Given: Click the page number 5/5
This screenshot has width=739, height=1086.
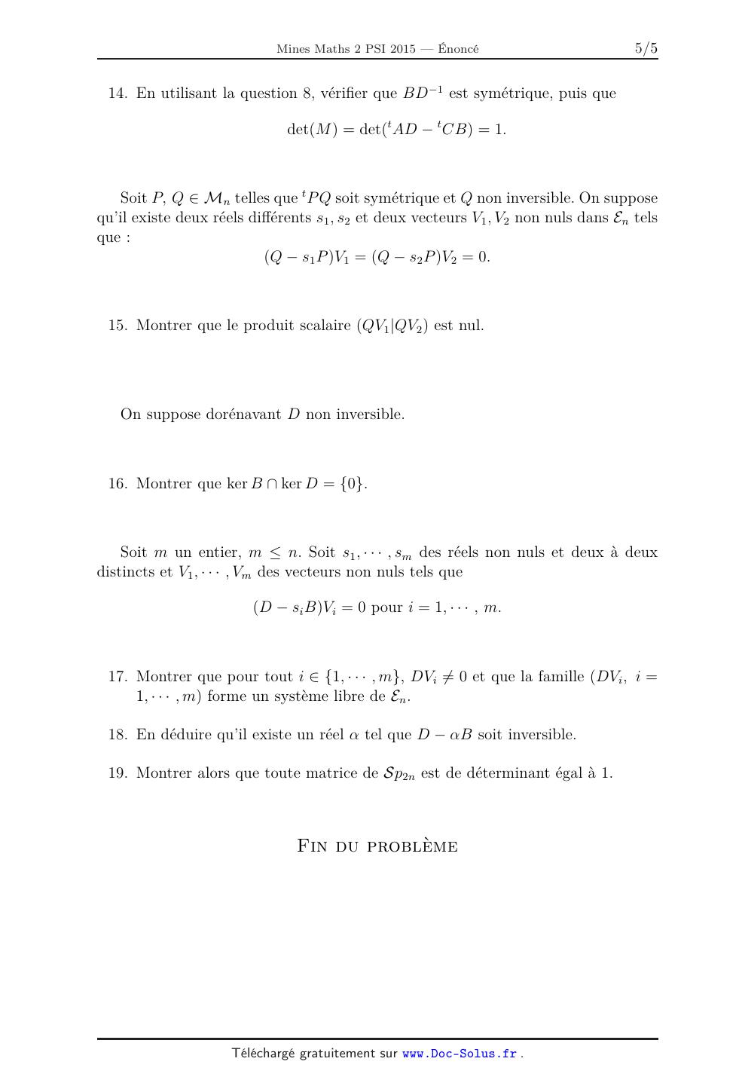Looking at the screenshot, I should (646, 49).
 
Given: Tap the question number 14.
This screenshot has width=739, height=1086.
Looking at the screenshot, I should (118, 93).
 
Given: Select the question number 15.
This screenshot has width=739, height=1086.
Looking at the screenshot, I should (118, 326).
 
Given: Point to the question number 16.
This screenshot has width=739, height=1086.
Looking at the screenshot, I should (118, 484).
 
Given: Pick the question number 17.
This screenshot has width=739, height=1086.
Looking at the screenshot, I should (118, 677).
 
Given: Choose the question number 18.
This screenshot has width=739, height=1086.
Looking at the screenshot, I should (118, 735).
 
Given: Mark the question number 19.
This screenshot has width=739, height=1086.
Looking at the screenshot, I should (118, 773).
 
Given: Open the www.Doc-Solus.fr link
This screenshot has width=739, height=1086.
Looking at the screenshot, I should (460, 1054).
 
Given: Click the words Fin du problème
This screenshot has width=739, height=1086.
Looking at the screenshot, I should (377, 846).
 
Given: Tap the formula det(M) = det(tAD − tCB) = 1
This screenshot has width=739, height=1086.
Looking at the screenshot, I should (396, 130).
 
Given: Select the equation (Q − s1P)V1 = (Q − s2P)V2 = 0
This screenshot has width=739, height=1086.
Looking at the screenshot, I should (377, 257).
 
